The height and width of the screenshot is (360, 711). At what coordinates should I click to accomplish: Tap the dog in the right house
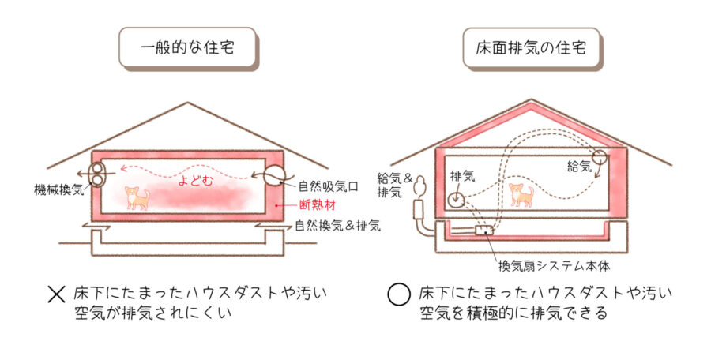point(521,193)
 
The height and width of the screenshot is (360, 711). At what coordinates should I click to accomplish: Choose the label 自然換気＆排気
point(337,226)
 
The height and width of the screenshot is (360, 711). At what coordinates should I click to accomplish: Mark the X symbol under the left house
point(56,295)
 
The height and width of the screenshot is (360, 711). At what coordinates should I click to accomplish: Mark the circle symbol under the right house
point(400,295)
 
